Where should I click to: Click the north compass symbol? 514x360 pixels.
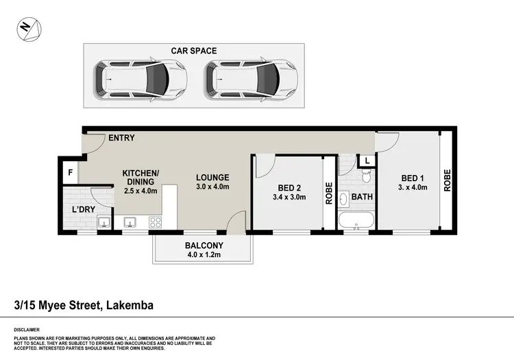tap(29, 28)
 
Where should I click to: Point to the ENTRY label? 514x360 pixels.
tap(121, 138)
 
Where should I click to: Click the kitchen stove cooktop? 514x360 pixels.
tap(154, 222)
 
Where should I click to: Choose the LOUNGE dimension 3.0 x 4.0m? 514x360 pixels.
tap(212, 187)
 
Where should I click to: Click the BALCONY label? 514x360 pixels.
tap(202, 244)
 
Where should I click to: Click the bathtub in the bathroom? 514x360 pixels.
tap(356, 221)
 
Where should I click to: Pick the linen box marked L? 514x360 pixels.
tap(367, 160)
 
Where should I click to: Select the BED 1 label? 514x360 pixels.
tap(413, 177)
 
